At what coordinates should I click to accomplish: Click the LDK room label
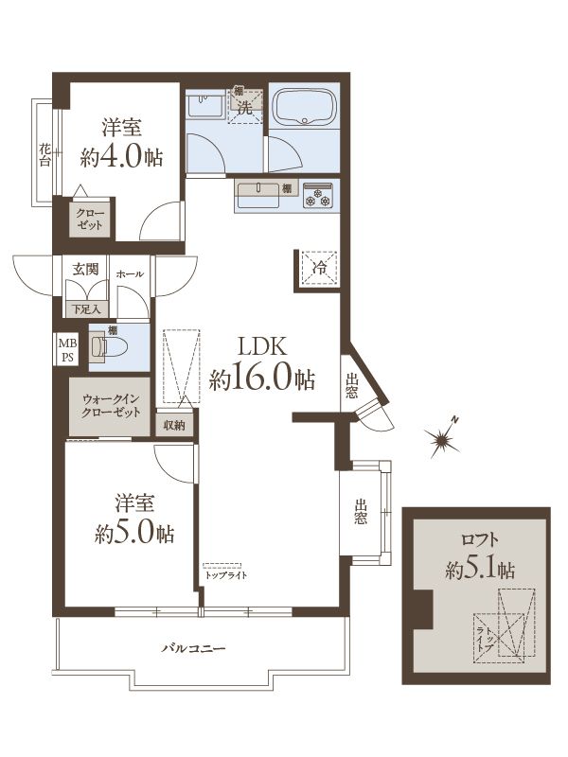(x=261, y=346)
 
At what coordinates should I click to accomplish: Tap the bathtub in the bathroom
(x=304, y=106)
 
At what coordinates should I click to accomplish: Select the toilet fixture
(x=109, y=347)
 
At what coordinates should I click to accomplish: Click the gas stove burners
(x=318, y=195)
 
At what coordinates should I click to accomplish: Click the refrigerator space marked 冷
(x=319, y=269)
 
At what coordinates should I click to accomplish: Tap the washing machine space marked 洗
(x=246, y=106)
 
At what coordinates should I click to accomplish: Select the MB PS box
(x=67, y=350)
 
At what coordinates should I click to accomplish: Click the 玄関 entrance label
(x=85, y=270)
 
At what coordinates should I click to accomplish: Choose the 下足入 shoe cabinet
(x=86, y=308)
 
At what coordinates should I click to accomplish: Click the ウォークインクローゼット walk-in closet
(x=110, y=407)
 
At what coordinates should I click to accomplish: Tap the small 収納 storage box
(x=174, y=425)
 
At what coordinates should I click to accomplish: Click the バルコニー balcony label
(x=193, y=648)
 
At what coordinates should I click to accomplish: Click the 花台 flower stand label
(x=44, y=154)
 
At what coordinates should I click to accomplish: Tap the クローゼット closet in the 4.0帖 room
(x=90, y=218)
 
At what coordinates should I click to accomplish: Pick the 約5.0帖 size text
(x=134, y=534)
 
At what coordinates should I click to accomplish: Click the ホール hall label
(x=130, y=273)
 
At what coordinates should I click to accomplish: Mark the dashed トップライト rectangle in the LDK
(x=222, y=566)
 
